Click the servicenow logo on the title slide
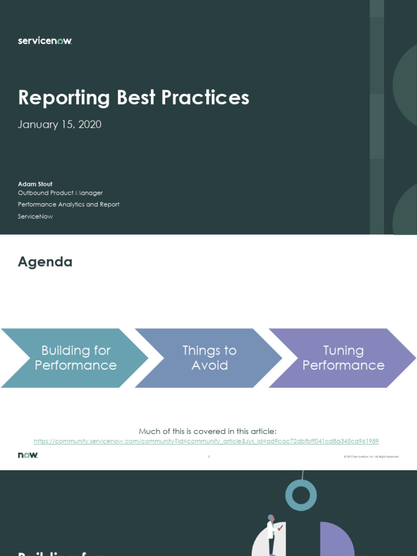(x=45, y=41)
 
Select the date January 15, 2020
(x=60, y=124)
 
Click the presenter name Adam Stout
(x=35, y=184)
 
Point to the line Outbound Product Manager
(x=60, y=193)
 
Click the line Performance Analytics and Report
(x=68, y=205)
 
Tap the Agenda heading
(x=45, y=262)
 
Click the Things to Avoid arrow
(x=209, y=358)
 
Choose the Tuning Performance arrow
(x=343, y=358)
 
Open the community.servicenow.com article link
(x=206, y=441)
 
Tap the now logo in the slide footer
(x=28, y=455)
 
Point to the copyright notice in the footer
(x=371, y=457)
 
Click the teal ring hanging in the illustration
(x=301, y=495)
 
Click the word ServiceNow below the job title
(x=35, y=217)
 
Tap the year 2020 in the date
(x=90, y=124)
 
